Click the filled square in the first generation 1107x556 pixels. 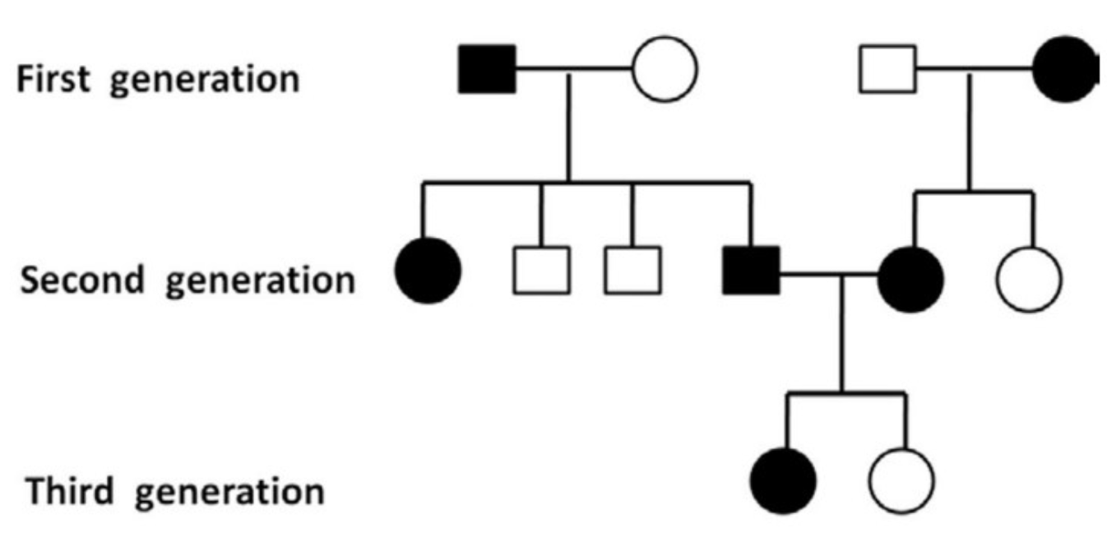click(487, 69)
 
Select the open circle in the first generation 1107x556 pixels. click(665, 69)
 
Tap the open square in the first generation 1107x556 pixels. click(887, 69)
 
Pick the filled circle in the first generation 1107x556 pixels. click(1066, 69)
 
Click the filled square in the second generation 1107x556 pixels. click(751, 271)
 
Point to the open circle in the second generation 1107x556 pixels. click(1029, 278)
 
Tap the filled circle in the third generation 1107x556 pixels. click(784, 480)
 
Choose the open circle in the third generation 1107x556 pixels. click(901, 480)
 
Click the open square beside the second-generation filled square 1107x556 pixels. click(632, 271)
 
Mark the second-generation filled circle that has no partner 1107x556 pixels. click(428, 271)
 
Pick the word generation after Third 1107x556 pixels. click(229, 493)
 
